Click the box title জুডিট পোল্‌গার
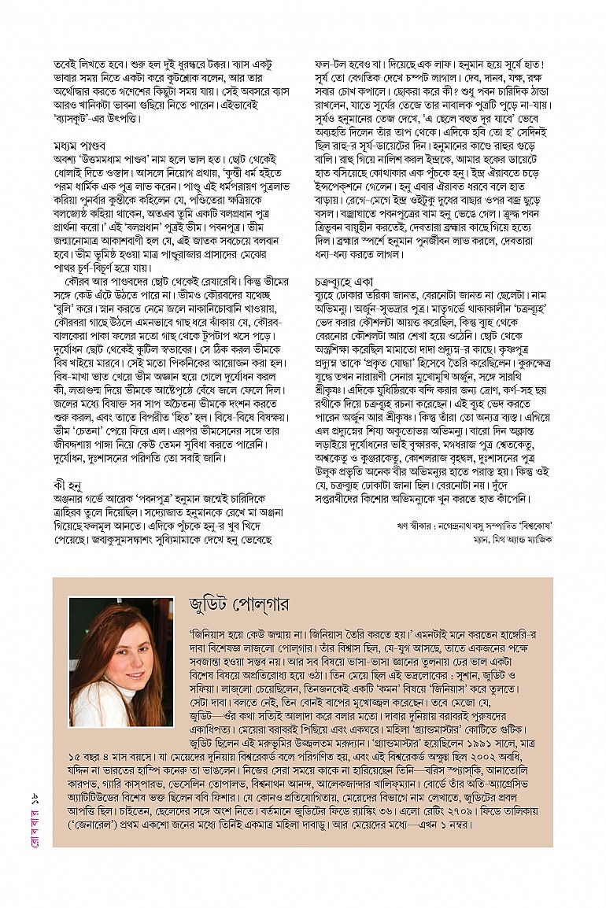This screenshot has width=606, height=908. tap(239, 604)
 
